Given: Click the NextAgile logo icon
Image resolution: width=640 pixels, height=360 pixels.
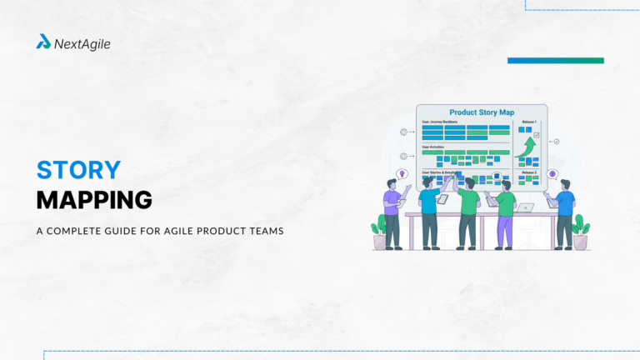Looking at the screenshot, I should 43,42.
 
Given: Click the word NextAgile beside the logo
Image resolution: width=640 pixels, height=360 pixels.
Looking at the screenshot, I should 82,43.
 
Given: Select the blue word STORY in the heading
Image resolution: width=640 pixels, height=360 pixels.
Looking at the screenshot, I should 78,170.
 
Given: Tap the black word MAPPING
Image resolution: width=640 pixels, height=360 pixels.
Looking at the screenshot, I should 94,200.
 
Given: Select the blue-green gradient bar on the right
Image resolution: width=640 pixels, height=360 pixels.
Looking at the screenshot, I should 555,60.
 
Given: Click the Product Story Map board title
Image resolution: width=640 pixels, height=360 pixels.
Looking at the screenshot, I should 481,112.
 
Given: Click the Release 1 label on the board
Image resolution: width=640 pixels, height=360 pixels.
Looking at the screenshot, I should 528,122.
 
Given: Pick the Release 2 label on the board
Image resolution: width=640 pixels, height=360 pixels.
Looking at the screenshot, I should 528,172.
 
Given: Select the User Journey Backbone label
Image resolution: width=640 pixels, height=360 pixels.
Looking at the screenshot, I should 442,122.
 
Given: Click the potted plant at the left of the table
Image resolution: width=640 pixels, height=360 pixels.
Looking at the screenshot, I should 380,231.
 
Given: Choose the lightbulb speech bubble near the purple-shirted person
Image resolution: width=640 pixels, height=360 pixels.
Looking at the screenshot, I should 402,174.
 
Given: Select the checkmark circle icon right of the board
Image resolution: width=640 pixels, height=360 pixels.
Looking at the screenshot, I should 557,142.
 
